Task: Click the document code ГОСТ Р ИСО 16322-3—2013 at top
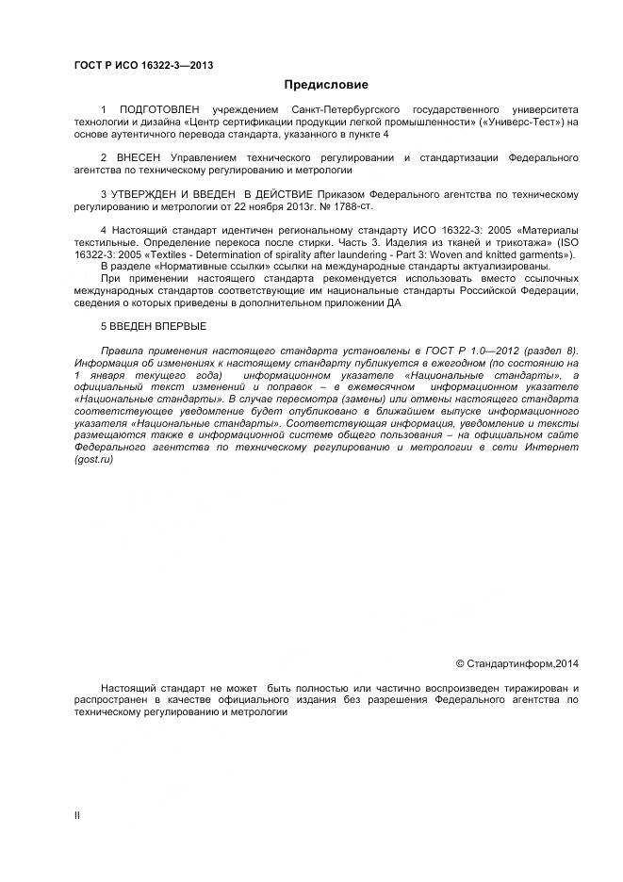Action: [142, 64]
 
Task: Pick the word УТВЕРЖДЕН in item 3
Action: [151, 194]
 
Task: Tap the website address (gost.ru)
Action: [93, 459]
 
